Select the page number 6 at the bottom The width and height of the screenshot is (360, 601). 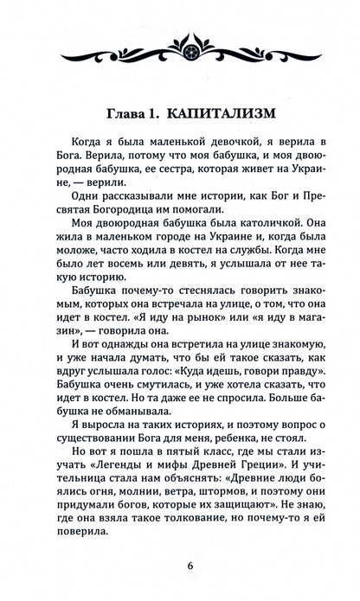click(x=180, y=566)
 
